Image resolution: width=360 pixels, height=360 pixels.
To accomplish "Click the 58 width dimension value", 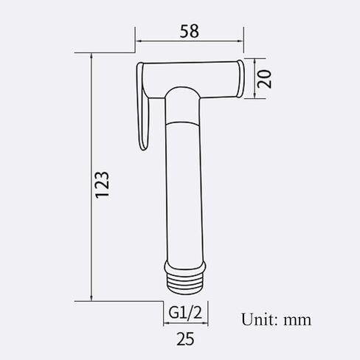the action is pos(189,31).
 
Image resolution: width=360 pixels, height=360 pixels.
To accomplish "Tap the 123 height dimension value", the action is pos(103,185).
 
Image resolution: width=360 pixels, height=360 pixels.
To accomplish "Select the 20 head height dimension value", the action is pos(265,79).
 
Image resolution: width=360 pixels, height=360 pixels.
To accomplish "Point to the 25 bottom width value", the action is pos(185,339).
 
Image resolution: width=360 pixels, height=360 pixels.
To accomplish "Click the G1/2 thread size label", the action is pos(185,313).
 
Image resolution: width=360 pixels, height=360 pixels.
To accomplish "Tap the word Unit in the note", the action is pos(260,319).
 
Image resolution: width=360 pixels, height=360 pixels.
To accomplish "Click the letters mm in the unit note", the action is pos(297,321).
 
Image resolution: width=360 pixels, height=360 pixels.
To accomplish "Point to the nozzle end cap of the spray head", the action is pos(240,78).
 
